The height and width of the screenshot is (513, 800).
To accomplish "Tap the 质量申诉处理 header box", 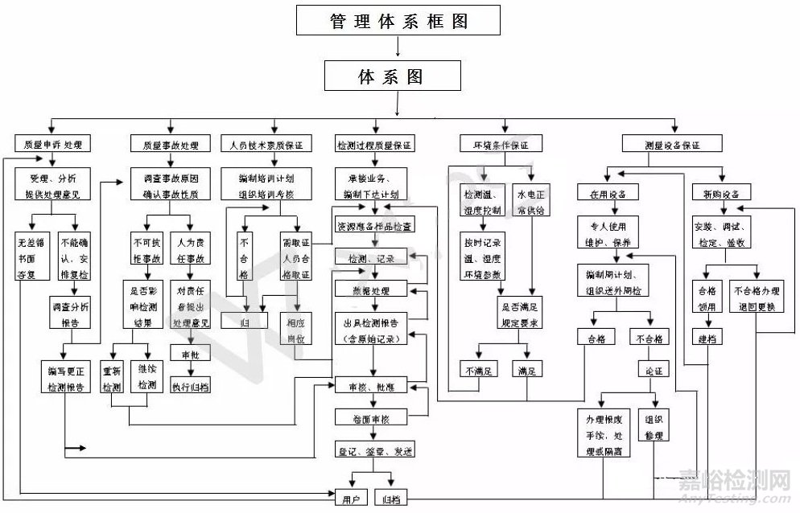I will (x=52, y=145).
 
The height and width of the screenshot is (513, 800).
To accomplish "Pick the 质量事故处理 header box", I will (x=170, y=146).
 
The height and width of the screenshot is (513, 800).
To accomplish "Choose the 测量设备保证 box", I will (x=672, y=146).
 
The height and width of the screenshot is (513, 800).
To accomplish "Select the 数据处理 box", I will (x=373, y=289).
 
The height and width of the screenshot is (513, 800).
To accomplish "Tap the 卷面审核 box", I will (x=373, y=419).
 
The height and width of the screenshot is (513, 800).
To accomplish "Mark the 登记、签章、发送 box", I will (x=373, y=451).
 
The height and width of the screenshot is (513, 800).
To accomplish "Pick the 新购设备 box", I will (x=720, y=194).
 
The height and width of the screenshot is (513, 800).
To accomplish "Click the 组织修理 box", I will (x=653, y=427).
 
